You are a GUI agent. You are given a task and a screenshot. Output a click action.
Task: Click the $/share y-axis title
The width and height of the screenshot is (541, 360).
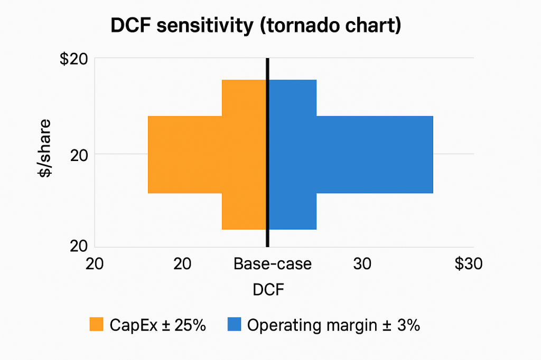46,149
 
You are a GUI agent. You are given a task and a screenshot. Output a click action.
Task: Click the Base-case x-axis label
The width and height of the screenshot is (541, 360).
273,264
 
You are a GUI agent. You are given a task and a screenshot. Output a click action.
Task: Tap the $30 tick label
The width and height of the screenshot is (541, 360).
468,264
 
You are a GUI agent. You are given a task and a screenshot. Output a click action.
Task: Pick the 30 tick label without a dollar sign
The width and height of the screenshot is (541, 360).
362,264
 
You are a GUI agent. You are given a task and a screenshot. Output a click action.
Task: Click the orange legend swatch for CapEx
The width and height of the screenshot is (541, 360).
96,325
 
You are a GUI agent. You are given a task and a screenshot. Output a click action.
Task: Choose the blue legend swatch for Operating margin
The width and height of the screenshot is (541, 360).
234,325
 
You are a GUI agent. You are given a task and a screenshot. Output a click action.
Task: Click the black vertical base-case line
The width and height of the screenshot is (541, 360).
267,153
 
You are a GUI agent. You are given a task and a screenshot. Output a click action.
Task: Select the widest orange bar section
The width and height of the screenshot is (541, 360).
185,154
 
